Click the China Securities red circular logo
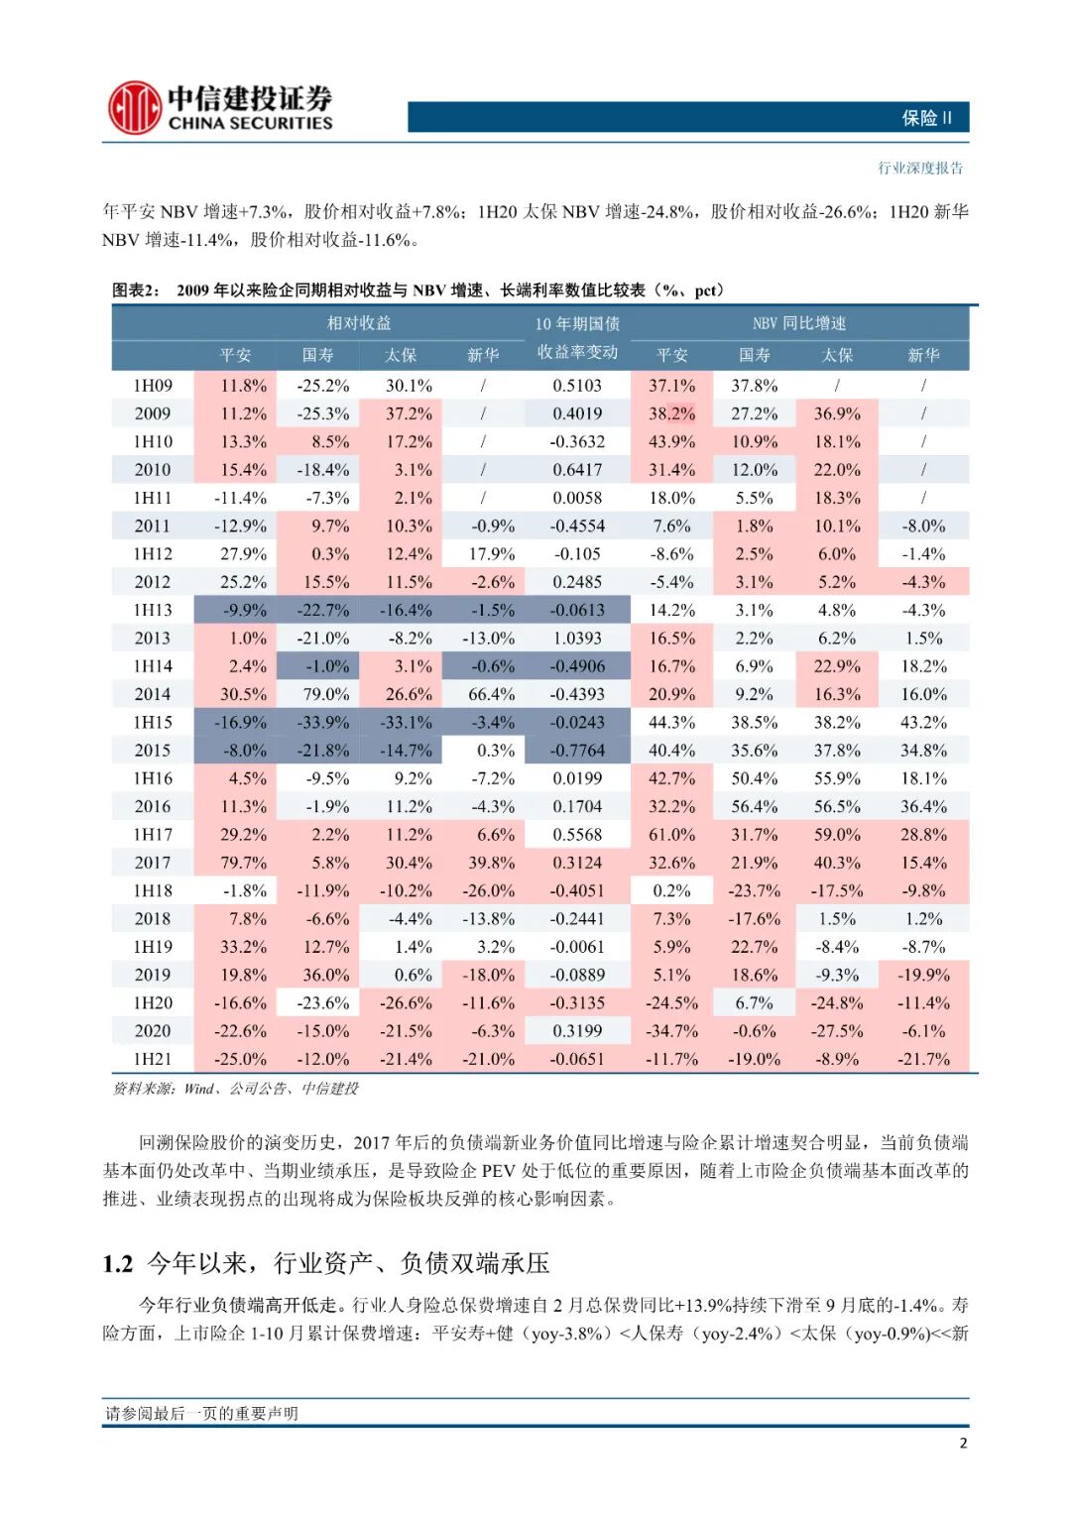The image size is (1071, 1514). pyautogui.click(x=134, y=107)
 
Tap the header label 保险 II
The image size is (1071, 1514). pyautogui.click(x=926, y=118)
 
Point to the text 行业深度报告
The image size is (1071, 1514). pyautogui.click(x=919, y=168)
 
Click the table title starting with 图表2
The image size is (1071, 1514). pyautogui.click(x=417, y=291)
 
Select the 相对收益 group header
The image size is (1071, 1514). pyautogui.click(x=359, y=323)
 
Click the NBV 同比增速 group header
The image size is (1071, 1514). pyautogui.click(x=798, y=323)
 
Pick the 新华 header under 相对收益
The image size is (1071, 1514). pyautogui.click(x=483, y=355)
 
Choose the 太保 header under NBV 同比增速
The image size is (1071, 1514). pyautogui.click(x=837, y=355)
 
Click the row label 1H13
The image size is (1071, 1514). pyautogui.click(x=153, y=610)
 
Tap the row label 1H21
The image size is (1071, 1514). pyautogui.click(x=153, y=1059)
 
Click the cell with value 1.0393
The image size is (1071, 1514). pyautogui.click(x=577, y=639)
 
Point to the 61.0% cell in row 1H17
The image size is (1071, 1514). pyautogui.click(x=671, y=835)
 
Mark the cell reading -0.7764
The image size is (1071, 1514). pyautogui.click(x=577, y=751)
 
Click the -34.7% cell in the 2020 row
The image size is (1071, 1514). pyautogui.click(x=671, y=1031)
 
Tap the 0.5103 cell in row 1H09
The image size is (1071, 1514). pyautogui.click(x=577, y=386)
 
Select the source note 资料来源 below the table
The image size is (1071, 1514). pyautogui.click(x=235, y=1089)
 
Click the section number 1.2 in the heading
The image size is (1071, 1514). pyautogui.click(x=117, y=1264)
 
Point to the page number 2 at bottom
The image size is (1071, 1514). pyautogui.click(x=963, y=1444)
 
